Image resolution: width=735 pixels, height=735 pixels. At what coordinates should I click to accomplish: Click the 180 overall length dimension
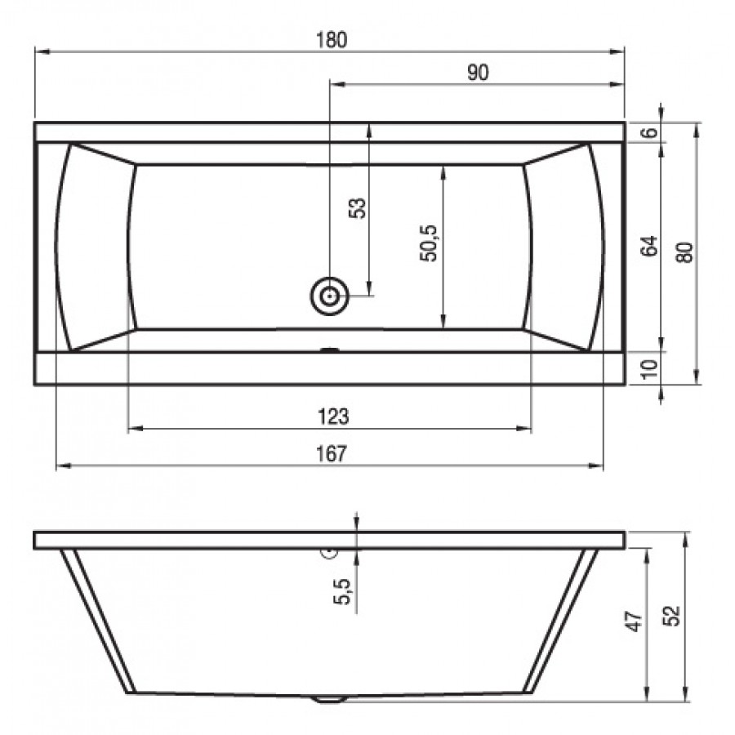click(332, 40)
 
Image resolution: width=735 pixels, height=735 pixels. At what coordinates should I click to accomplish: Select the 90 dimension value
click(478, 73)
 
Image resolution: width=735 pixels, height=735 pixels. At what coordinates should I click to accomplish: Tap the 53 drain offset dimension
click(357, 208)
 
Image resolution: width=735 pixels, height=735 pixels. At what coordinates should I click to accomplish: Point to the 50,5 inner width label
click(429, 243)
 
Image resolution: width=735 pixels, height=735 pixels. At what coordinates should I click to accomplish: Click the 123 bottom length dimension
click(333, 416)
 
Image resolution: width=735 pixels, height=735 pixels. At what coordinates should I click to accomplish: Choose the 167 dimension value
click(332, 453)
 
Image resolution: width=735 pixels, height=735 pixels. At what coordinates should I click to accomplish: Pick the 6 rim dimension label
click(649, 132)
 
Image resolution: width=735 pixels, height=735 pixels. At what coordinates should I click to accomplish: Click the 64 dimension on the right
click(649, 246)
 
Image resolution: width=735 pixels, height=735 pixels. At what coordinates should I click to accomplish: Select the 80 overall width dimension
click(685, 252)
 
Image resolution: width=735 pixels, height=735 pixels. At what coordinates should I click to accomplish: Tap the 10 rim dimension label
click(649, 369)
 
